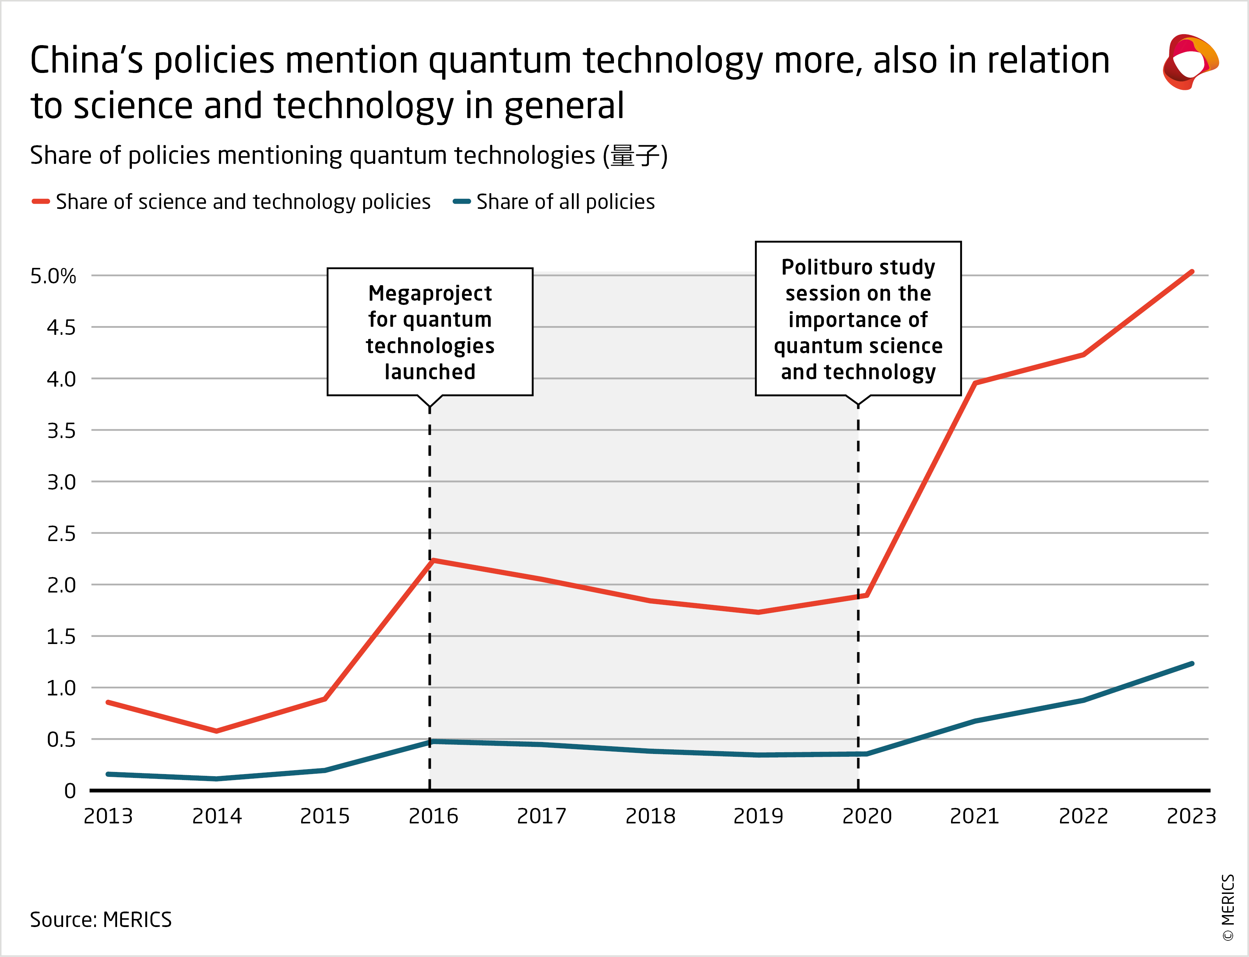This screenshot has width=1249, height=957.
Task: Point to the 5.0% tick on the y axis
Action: click(x=53, y=276)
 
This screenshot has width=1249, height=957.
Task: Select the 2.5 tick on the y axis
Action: click(x=61, y=534)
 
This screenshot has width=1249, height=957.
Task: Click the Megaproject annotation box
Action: click(x=429, y=332)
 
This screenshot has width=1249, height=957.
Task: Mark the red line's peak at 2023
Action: click(x=1192, y=272)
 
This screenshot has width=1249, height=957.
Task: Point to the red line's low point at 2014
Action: click(x=217, y=731)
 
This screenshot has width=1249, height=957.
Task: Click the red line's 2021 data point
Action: click(x=975, y=383)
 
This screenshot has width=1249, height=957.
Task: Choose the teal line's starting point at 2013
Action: click(x=108, y=774)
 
